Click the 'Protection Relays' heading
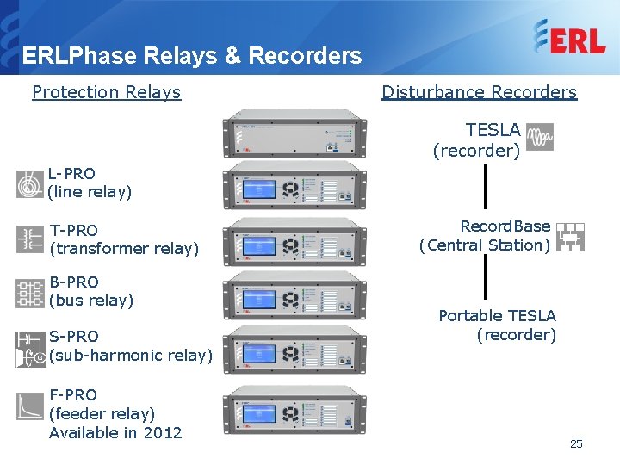(x=106, y=92)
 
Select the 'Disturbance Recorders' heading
(x=479, y=92)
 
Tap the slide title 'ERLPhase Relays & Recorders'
(x=192, y=56)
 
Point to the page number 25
(x=576, y=443)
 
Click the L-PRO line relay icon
(x=30, y=183)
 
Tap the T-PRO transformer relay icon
(x=30, y=239)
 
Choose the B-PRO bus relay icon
(x=30, y=294)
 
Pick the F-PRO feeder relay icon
(x=30, y=405)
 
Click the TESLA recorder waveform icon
(x=540, y=137)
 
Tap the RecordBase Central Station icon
(x=569, y=237)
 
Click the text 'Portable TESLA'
(x=497, y=316)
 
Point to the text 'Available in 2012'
(x=115, y=432)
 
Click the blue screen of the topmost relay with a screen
(x=258, y=188)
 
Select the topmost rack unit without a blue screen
(x=293, y=134)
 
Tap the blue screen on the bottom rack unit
(x=258, y=412)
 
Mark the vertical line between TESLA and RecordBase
(x=486, y=188)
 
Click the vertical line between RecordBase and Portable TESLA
(x=486, y=280)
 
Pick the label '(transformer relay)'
(x=124, y=249)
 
